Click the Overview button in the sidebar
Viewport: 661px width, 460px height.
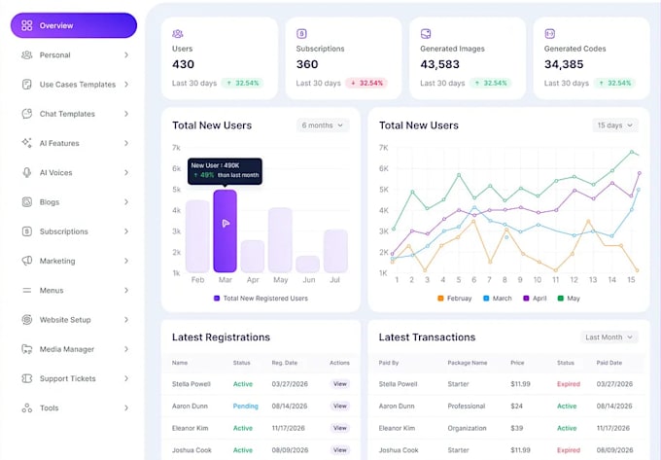click(x=73, y=25)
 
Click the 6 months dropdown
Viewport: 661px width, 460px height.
click(x=324, y=125)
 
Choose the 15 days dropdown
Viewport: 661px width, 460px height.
click(x=615, y=125)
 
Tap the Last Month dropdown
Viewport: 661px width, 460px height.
click(x=609, y=337)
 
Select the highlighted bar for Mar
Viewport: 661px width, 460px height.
click(x=225, y=230)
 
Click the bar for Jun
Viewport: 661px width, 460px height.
click(x=308, y=264)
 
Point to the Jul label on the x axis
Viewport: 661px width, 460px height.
click(x=335, y=280)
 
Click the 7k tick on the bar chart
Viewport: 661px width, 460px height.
click(x=176, y=148)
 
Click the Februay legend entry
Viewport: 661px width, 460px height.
click(x=457, y=299)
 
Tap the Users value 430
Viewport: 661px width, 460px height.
click(x=184, y=64)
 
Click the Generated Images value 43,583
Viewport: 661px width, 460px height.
click(x=439, y=64)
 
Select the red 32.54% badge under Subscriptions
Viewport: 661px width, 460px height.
click(x=366, y=84)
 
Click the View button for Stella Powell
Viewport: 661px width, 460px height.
click(x=339, y=383)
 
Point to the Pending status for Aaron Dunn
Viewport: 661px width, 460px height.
click(x=245, y=406)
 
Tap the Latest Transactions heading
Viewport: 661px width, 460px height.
click(x=427, y=337)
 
